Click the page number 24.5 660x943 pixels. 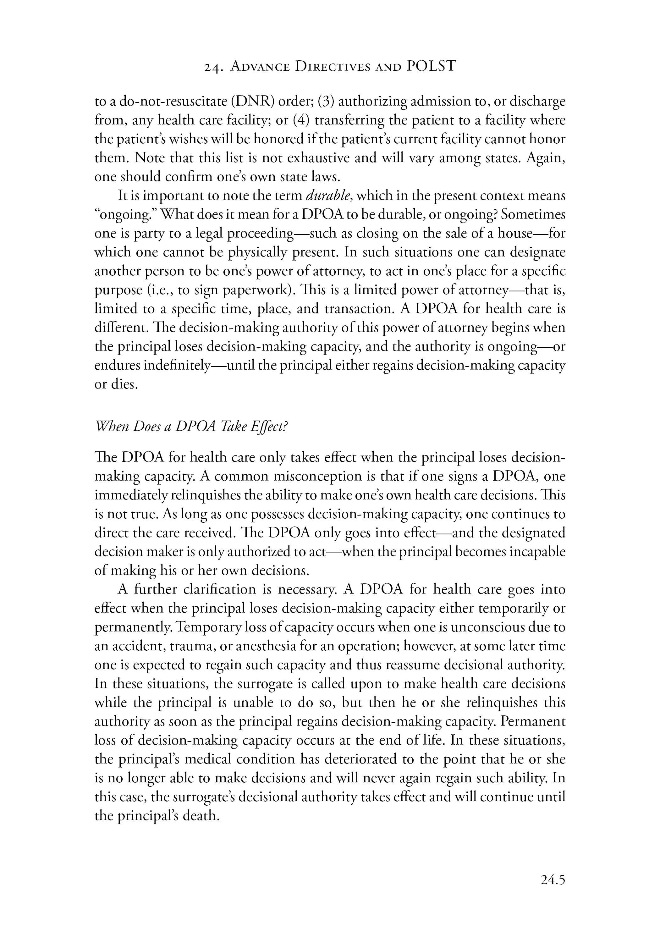[x=553, y=880]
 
